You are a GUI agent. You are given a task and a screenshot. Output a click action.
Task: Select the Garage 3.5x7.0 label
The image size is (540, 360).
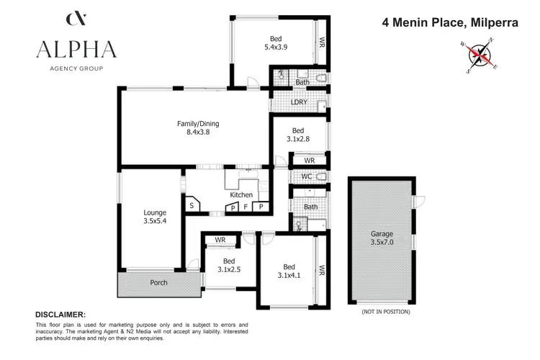click(x=382, y=238)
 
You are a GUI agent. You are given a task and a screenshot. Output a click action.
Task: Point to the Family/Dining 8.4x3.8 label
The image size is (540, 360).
click(x=198, y=127)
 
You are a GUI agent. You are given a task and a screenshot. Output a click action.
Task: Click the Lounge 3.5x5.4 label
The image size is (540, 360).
click(x=155, y=217)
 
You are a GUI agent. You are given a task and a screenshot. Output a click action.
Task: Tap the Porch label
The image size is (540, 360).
click(x=158, y=282)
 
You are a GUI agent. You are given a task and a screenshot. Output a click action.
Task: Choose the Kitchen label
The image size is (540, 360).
click(x=241, y=195)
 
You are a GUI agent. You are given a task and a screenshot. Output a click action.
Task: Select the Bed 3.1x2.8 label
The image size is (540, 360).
click(x=298, y=135)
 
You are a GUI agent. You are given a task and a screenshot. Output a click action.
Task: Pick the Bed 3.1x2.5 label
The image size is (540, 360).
click(x=229, y=265)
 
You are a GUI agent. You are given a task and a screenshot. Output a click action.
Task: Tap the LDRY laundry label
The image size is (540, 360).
click(x=299, y=102)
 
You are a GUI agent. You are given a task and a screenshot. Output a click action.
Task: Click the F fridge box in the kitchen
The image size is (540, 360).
click(x=246, y=207)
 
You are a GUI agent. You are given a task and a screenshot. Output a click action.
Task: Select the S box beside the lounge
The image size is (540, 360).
click(x=192, y=206)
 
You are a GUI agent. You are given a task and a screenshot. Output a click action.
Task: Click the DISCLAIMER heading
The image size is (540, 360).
click(x=60, y=315)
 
